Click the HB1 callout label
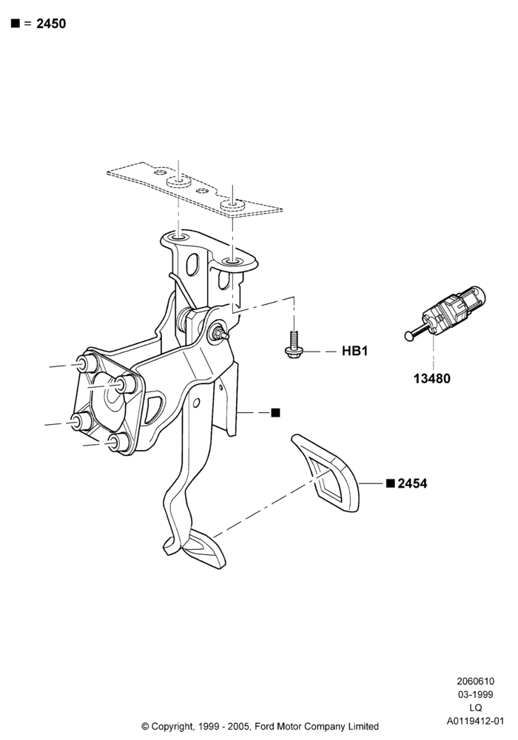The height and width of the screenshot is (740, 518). [x=354, y=351]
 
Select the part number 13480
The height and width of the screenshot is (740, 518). [x=431, y=378]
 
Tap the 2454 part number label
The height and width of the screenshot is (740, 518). [x=412, y=484]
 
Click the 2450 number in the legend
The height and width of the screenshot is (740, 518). [x=51, y=24]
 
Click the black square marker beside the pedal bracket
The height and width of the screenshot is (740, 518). [x=276, y=413]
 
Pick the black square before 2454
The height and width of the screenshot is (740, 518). [x=390, y=483]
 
